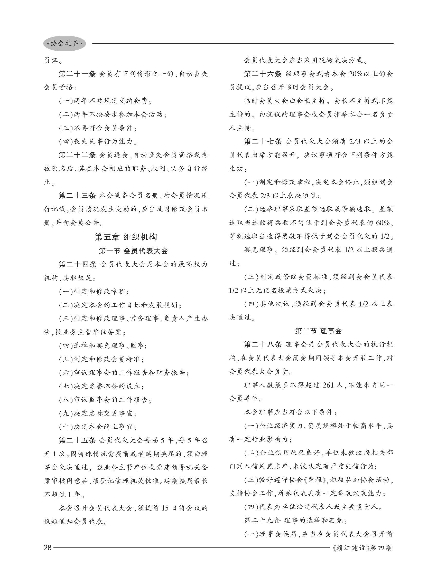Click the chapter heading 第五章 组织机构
pos(126,237)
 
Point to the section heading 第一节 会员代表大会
pos(133,250)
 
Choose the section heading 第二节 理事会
pos(319,331)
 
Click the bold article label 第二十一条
pos(77,74)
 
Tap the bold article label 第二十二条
pos(77,155)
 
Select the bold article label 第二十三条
pos(77,196)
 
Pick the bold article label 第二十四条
pos(77,264)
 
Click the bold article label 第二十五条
pos(77,440)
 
